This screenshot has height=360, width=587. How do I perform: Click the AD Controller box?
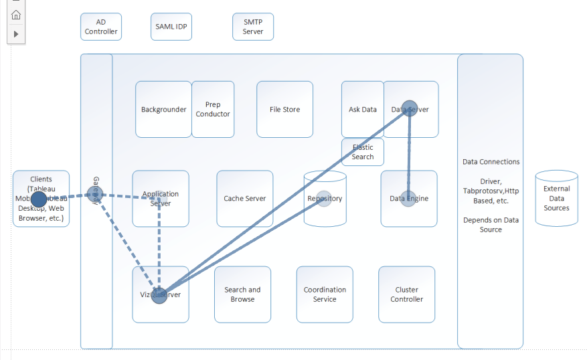pyautogui.click(x=101, y=27)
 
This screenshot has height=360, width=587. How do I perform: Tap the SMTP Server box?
pyautogui.click(x=253, y=27)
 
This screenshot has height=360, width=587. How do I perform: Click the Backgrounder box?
pyautogui.click(x=163, y=109)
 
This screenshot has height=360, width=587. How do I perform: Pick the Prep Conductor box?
pyautogui.click(x=213, y=109)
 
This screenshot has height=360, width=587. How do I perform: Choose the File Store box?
pyautogui.click(x=284, y=109)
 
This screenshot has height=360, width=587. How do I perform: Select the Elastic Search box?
pyautogui.click(x=363, y=152)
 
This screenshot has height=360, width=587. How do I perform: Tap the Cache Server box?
pyautogui.click(x=244, y=198)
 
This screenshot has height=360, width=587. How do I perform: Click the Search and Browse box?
pyautogui.click(x=242, y=294)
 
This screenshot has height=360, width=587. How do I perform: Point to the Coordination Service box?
pyautogui.click(x=325, y=294)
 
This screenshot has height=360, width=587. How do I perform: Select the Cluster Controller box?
pyautogui.click(x=406, y=294)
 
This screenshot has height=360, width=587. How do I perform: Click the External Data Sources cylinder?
pyautogui.click(x=556, y=199)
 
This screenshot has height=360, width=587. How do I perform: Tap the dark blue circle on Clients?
pyautogui.click(x=39, y=199)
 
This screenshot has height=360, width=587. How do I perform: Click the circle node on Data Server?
pyautogui.click(x=410, y=109)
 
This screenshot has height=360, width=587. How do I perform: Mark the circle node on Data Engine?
pyautogui.click(x=408, y=198)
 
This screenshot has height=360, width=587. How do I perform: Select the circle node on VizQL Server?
pyautogui.click(x=159, y=296)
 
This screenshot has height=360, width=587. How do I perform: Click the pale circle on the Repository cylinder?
pyautogui.click(x=325, y=199)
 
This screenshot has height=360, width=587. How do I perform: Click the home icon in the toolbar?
pyautogui.click(x=16, y=15)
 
